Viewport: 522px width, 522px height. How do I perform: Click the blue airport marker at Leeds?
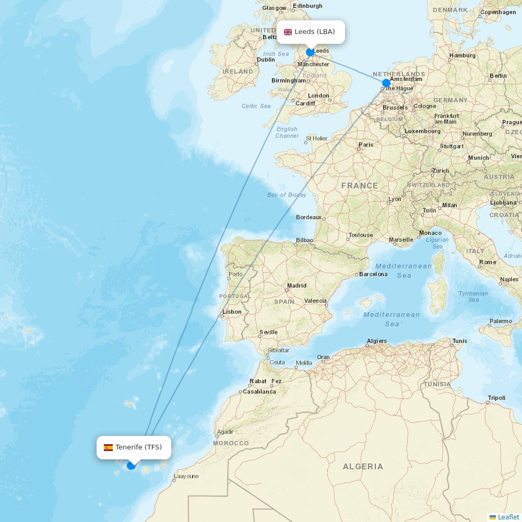[310, 52]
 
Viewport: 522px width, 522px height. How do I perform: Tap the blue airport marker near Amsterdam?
[386, 83]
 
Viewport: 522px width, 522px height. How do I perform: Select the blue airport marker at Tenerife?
[131, 466]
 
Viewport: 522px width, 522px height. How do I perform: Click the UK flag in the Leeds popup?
[288, 32]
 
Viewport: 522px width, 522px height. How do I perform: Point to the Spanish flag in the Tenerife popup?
[108, 447]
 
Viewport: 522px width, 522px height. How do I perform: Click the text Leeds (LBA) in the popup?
[315, 32]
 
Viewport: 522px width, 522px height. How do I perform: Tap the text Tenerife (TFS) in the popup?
[139, 447]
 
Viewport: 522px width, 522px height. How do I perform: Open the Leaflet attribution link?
[508, 517]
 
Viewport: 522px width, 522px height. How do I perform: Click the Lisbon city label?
[232, 312]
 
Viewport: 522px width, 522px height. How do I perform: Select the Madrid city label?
[296, 286]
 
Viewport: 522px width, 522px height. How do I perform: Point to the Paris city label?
[366, 145]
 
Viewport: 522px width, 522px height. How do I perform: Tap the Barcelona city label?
[374, 274]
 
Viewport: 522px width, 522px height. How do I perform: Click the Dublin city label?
[266, 60]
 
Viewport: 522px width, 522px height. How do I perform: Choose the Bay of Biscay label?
[287, 195]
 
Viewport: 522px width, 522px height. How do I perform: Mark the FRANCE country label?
[360, 186]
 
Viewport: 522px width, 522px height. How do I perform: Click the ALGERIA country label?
[363, 467]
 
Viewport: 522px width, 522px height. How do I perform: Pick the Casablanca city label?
[259, 391]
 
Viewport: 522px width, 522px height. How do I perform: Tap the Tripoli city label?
[496, 398]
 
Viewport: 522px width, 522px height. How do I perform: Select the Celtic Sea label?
[256, 106]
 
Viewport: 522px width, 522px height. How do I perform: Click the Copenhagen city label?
[498, 12]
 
